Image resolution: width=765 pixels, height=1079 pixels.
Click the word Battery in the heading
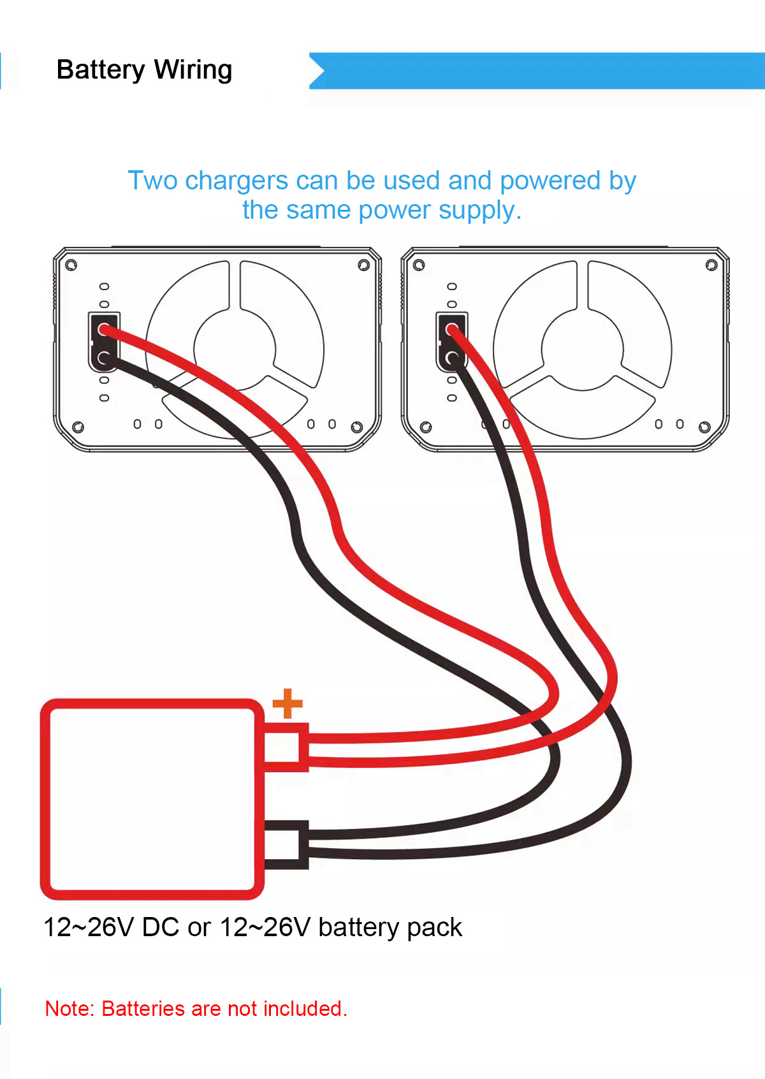pos(101,70)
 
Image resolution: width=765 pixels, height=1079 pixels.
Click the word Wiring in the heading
pos(193,70)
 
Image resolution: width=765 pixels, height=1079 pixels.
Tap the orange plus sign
pos(288,703)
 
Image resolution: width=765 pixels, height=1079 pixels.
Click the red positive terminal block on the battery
pos(286,747)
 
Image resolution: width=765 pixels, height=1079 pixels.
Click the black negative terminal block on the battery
pos(286,844)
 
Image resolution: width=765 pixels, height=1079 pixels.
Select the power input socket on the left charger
pos(104,342)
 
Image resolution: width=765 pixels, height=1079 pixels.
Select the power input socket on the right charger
pos(451,342)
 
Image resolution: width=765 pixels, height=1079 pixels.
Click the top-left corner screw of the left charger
pos(71,265)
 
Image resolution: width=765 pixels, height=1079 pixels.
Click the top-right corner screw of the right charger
pos(711,265)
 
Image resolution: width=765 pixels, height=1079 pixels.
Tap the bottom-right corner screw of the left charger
pos(357,427)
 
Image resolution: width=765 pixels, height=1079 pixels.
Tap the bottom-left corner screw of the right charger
pos(426,427)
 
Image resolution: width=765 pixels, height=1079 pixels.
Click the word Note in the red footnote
pos(70,1008)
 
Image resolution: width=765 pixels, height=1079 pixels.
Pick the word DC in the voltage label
pos(160,927)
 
